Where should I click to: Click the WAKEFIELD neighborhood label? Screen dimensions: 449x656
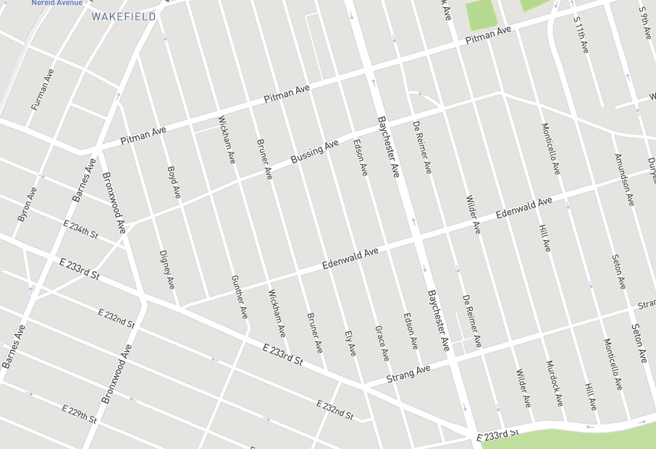click(124, 17)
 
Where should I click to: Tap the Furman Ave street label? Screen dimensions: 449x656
click(43, 90)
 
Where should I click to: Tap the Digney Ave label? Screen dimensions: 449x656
click(167, 269)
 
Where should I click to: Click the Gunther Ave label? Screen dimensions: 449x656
click(239, 297)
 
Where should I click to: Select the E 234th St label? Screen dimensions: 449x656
click(80, 228)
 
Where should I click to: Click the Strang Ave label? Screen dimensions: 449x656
click(408, 374)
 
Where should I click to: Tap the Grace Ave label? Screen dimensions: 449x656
click(382, 343)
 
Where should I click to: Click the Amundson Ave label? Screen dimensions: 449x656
click(623, 179)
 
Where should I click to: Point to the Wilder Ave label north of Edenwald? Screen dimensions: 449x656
click(473, 215)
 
